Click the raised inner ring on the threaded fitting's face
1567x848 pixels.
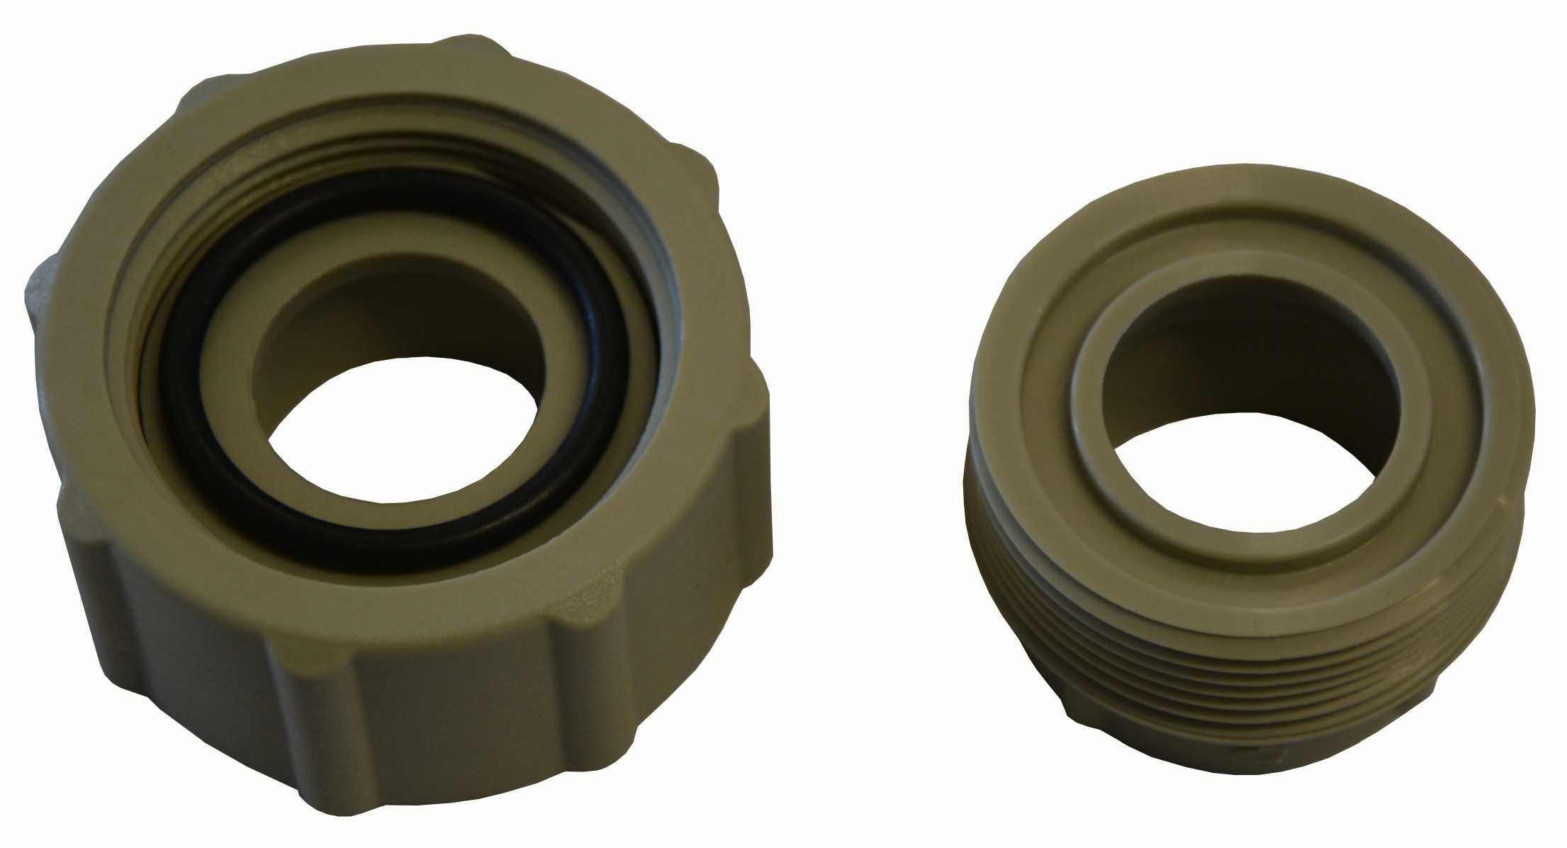point(1084,418)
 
